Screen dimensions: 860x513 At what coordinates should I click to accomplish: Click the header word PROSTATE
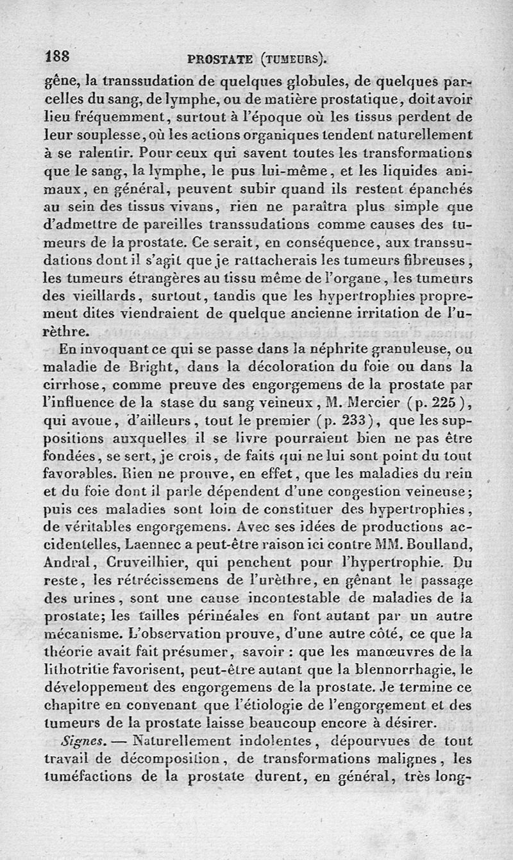click(220, 60)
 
